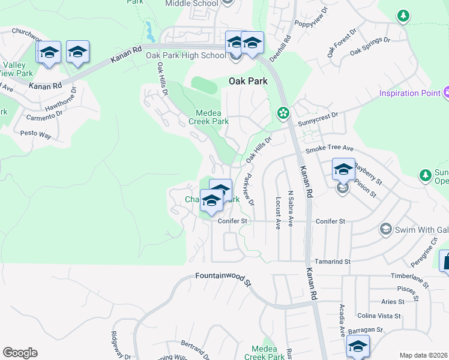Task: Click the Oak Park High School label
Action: click(185, 56)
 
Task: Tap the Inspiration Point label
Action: click(409, 94)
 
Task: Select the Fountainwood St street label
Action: click(222, 278)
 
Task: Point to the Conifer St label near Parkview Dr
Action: click(233, 221)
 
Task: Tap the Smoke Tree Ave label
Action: click(330, 149)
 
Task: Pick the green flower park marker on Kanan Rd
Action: click(283, 113)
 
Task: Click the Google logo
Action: click(20, 353)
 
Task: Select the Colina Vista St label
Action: click(379, 316)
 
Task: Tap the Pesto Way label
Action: click(35, 134)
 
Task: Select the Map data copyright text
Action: click(424, 355)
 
